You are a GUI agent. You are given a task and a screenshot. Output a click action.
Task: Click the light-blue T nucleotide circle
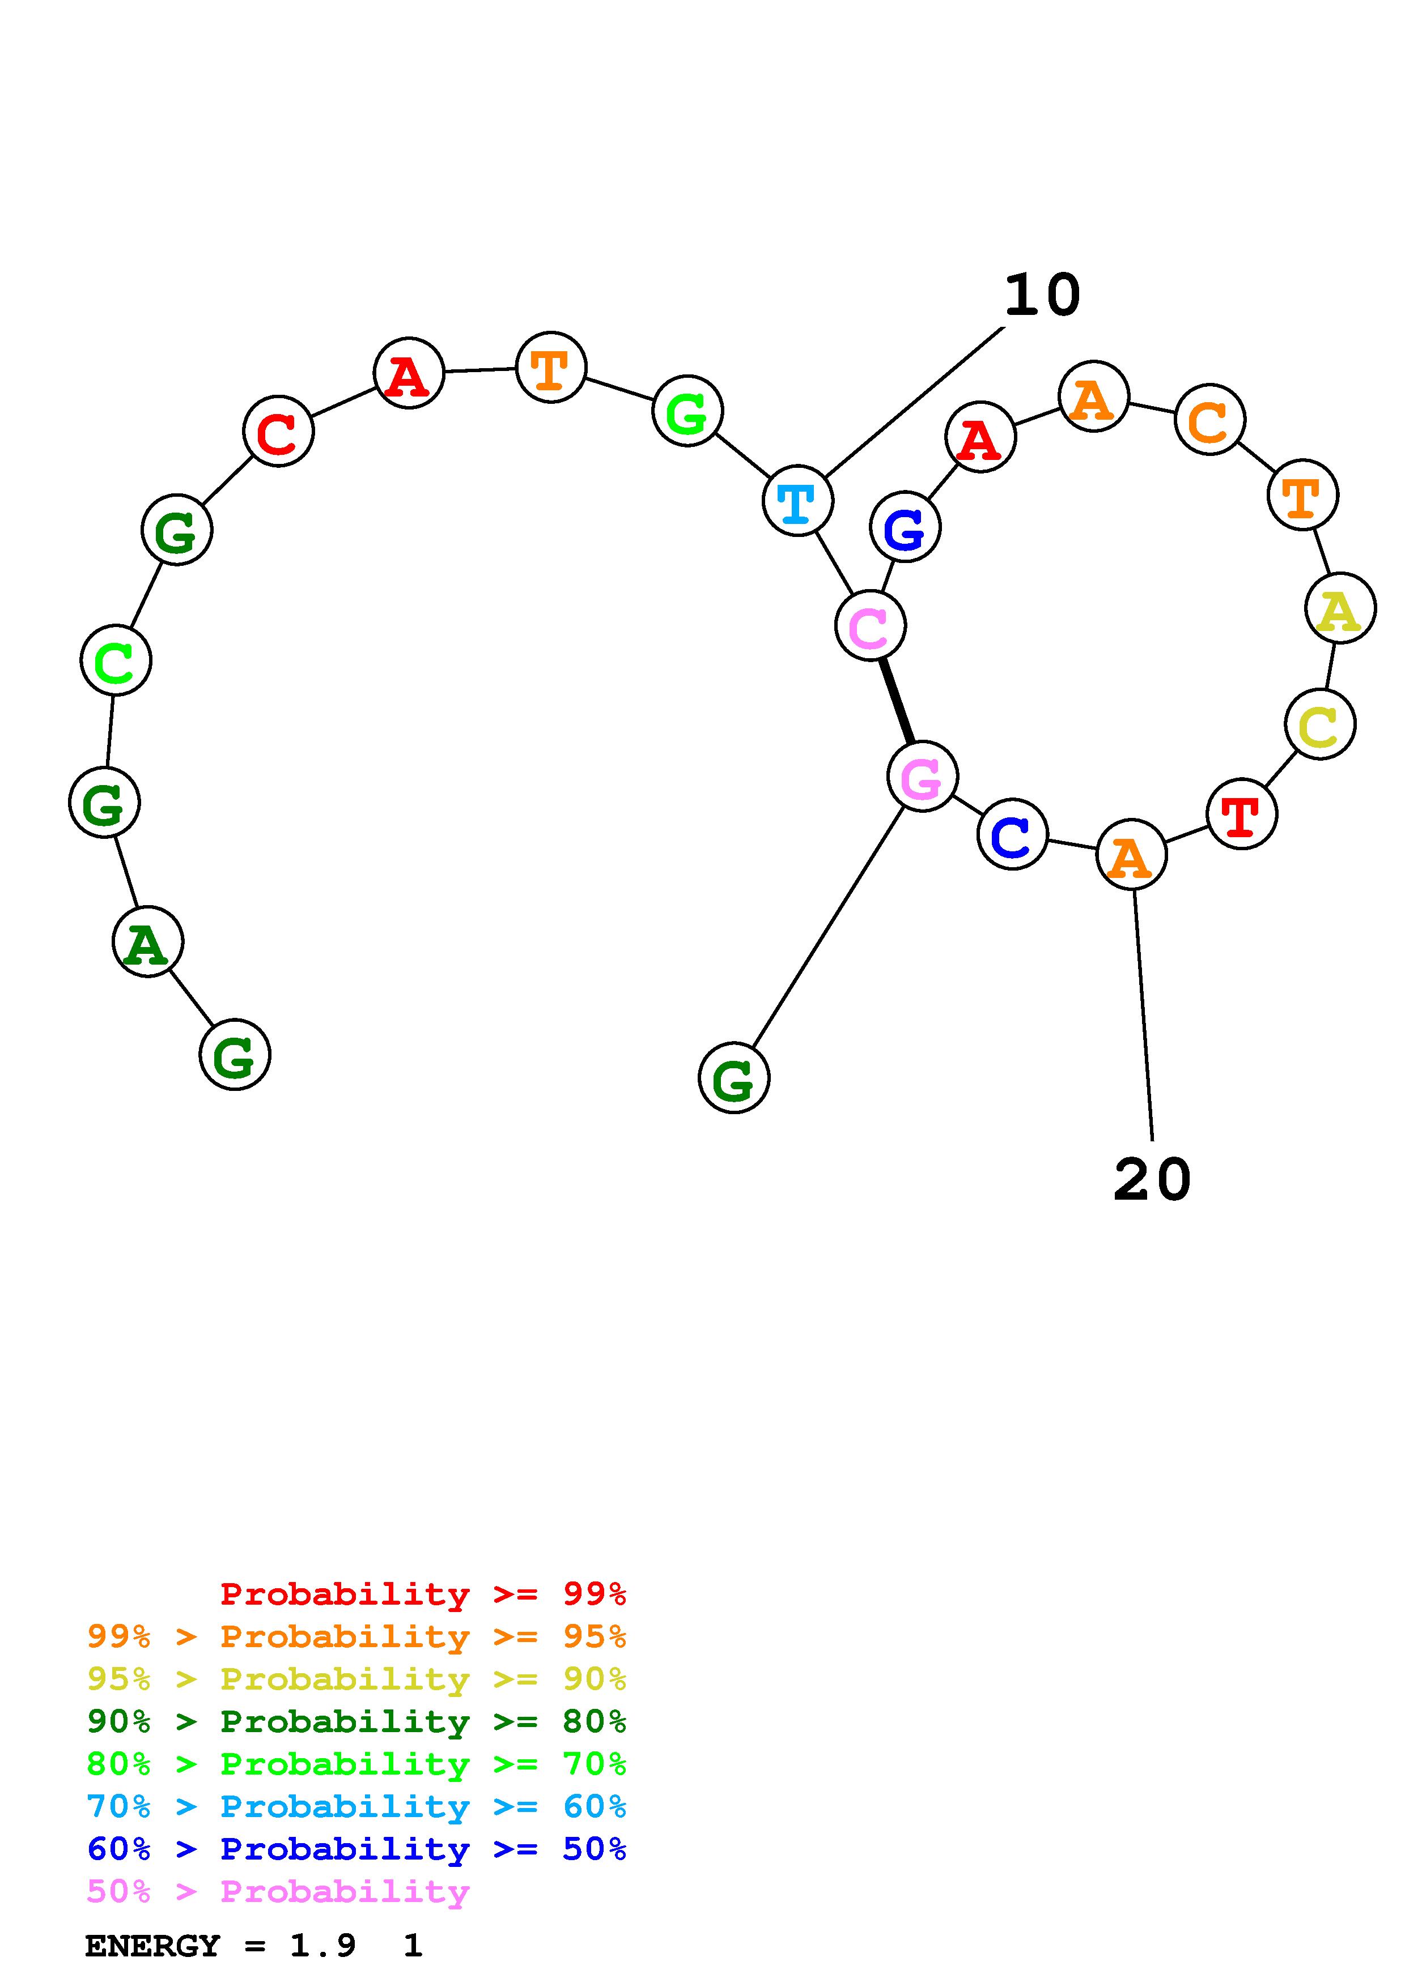tap(797, 500)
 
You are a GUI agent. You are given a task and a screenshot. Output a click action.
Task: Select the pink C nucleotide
tap(870, 626)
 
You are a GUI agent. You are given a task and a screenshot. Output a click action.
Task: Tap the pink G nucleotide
tap(922, 777)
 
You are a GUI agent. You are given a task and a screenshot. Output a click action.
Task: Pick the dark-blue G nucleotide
tap(905, 527)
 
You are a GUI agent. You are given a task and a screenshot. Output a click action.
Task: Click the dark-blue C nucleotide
tap(1012, 835)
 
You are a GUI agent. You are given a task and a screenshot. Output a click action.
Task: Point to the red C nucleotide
tap(278, 431)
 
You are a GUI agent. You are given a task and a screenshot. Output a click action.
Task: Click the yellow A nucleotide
tap(1340, 608)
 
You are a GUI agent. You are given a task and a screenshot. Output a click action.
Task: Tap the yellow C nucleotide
tap(1320, 724)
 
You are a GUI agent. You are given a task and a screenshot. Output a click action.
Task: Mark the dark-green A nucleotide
tap(148, 941)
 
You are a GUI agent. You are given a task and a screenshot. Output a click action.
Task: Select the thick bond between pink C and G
tap(896, 701)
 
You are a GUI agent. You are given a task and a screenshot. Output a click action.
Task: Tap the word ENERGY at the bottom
tap(152, 1946)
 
